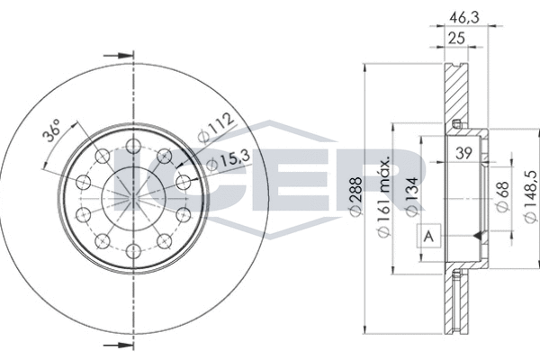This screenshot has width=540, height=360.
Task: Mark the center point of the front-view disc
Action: pyautogui.click(x=132, y=199)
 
